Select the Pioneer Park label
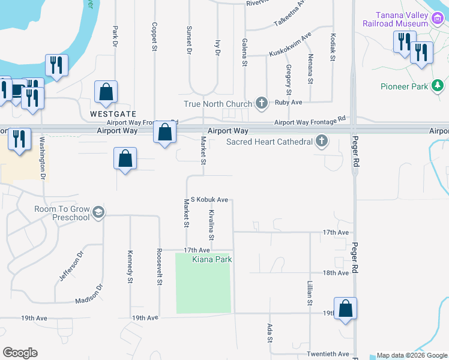pos(404,86)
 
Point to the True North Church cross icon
pos(261,104)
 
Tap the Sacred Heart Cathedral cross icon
pos(322,142)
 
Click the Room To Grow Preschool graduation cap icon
pos(98,212)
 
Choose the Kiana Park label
pos(211,259)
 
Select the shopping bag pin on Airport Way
pos(164,131)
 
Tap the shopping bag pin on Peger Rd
pos(345,308)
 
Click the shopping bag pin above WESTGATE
pos(106,92)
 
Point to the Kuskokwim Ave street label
pos(290,44)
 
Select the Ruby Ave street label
pos(288,102)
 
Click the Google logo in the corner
pos(20,353)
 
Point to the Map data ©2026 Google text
pos(412,355)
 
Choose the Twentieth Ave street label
pos(328,354)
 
